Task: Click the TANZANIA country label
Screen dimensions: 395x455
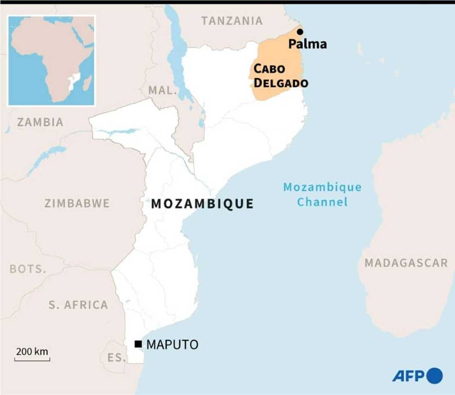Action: click(232, 21)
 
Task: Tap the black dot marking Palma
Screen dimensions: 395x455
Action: click(300, 32)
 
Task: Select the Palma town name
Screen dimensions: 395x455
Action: click(308, 44)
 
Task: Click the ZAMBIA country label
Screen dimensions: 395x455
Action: click(40, 122)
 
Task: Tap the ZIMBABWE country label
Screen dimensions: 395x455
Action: click(77, 203)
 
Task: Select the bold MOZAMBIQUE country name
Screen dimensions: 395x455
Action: click(202, 204)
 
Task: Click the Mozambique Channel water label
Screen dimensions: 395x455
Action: click(322, 194)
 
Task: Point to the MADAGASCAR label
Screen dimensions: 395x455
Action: click(406, 263)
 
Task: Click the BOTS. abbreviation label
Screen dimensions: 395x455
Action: click(28, 269)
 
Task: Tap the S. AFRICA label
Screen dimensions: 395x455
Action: click(78, 305)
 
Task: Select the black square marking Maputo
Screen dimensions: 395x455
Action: click(138, 344)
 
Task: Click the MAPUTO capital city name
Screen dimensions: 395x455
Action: click(172, 345)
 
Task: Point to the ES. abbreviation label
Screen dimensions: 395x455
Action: click(117, 358)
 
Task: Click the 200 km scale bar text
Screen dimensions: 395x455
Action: click(32, 351)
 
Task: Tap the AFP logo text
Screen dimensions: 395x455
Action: click(408, 375)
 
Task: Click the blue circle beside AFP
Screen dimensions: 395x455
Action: click(435, 375)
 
